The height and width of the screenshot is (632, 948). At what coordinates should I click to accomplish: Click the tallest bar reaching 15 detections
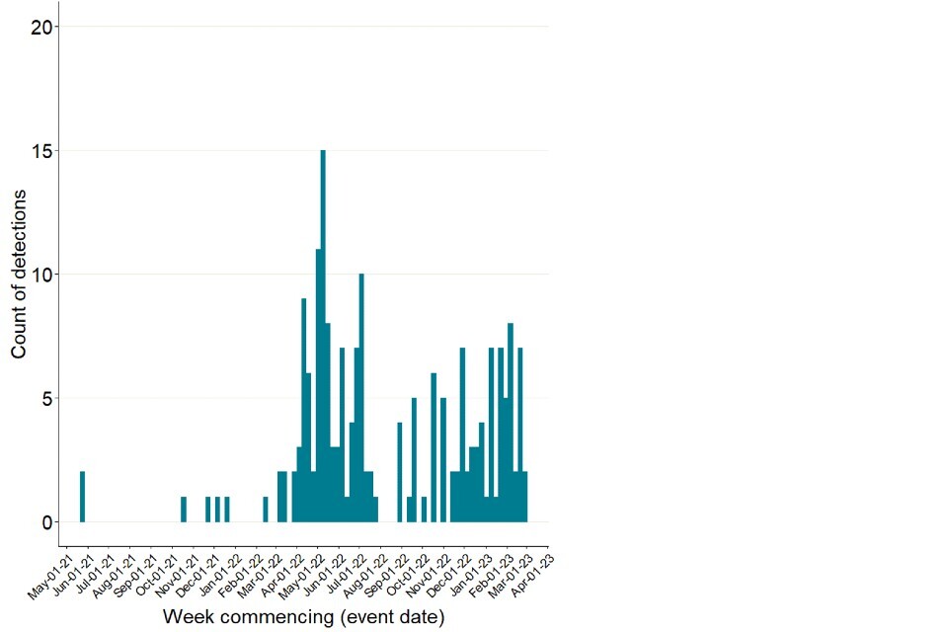(x=323, y=336)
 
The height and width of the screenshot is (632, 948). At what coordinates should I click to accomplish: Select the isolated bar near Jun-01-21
(x=82, y=497)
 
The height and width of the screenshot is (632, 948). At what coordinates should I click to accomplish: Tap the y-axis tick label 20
(x=40, y=27)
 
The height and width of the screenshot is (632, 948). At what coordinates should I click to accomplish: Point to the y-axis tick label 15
(x=40, y=151)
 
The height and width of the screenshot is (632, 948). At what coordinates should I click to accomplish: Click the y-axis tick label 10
(x=40, y=275)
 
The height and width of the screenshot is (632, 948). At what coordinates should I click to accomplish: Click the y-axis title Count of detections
(x=19, y=268)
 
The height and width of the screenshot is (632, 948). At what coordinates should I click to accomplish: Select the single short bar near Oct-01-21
(x=184, y=510)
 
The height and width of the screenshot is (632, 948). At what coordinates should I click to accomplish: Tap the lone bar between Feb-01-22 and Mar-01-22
(x=266, y=510)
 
